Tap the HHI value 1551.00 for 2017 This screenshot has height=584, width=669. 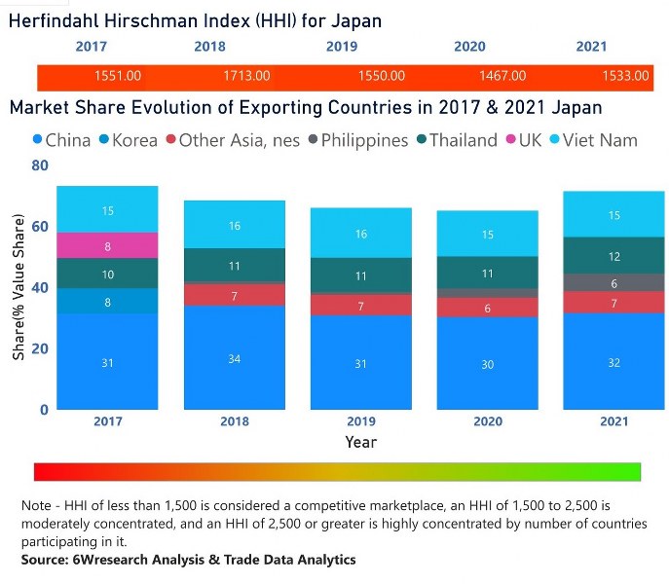pyautogui.click(x=118, y=76)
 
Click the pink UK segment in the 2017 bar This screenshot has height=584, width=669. pyautogui.click(x=107, y=246)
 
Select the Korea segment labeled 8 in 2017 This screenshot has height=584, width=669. pyautogui.click(x=107, y=302)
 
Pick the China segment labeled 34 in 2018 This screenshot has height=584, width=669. pyautogui.click(x=235, y=358)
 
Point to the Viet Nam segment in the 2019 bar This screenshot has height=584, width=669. pyautogui.click(x=361, y=234)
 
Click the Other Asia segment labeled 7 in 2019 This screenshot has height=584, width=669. pyautogui.click(x=361, y=306)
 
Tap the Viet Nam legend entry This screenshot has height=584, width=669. pyautogui.click(x=595, y=140)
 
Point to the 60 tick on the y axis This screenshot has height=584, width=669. pyautogui.click(x=39, y=227)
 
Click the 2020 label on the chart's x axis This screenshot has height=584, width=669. pyautogui.click(x=488, y=421)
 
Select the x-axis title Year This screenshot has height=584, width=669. pyautogui.click(x=361, y=442)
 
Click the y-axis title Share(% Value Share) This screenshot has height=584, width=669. pyautogui.click(x=19, y=287)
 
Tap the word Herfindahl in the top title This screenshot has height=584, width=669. pyautogui.click(x=57, y=20)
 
